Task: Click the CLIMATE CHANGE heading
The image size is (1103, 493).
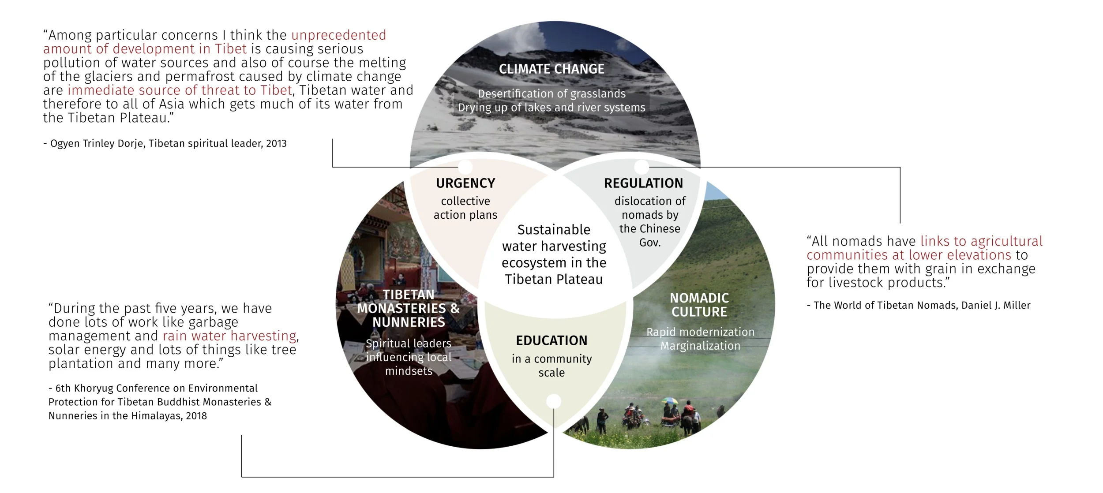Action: pos(551,69)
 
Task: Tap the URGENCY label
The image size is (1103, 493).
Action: pos(465,183)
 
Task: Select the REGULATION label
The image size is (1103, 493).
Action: pos(643,183)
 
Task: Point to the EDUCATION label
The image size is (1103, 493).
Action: pos(551,340)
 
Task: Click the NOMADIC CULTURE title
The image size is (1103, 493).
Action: pos(699,305)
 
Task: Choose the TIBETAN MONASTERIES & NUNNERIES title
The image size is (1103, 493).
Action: pos(409,308)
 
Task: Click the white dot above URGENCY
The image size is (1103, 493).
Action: pos(465,167)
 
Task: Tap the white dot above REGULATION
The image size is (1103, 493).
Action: pos(642,167)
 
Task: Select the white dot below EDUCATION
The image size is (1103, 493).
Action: pos(554,401)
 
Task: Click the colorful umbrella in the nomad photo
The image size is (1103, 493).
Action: pos(670,401)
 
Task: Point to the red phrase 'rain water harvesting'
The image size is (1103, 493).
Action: pos(229,336)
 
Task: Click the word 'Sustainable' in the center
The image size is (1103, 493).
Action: pos(554,230)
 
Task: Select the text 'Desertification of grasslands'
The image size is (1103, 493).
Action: pos(551,94)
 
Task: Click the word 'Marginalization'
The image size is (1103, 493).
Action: pos(700,346)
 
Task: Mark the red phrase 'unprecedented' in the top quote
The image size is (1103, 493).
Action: pos(338,35)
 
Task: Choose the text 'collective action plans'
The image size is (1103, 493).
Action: pos(465,208)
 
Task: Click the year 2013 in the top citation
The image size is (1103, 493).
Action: pos(276,144)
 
